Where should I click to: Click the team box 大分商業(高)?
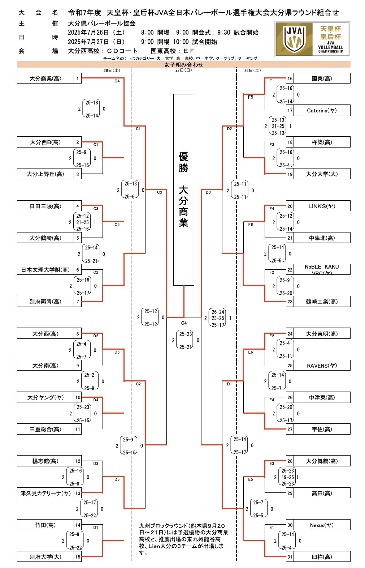click(x=45, y=78)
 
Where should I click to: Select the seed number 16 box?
click(x=290, y=78)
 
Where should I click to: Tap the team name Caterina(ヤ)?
click(x=322, y=110)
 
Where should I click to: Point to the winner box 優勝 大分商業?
click(x=183, y=190)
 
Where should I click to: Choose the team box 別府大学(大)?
click(x=45, y=557)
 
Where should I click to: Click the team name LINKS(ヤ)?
click(x=322, y=206)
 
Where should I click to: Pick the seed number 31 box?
click(x=290, y=557)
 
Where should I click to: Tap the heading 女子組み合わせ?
click(x=184, y=65)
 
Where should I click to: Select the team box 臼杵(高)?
click(x=322, y=557)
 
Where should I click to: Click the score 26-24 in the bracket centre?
click(x=218, y=312)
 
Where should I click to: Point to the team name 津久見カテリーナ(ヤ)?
click(x=45, y=493)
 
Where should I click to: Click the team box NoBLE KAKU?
click(x=322, y=269)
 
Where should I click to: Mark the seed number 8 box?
click(x=78, y=334)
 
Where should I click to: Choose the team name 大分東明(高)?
click(x=322, y=334)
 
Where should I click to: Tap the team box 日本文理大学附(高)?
click(x=45, y=270)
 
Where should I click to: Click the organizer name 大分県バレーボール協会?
click(x=102, y=24)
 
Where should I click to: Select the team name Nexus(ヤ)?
click(x=322, y=525)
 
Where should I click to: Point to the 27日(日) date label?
click(x=184, y=70)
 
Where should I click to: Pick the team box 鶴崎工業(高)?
click(x=322, y=302)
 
